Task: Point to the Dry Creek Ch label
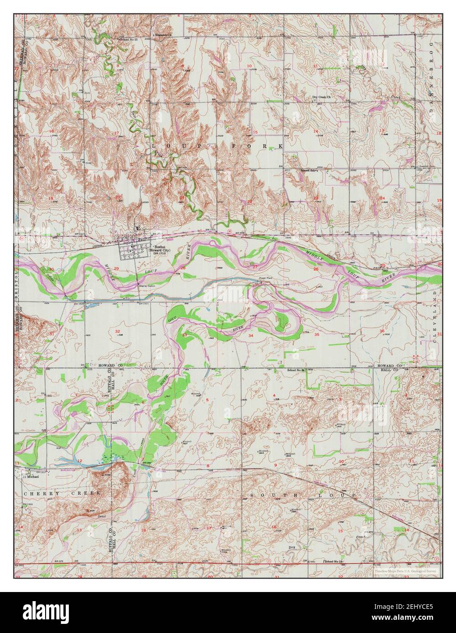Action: (x=321, y=97)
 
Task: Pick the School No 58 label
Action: (x=334, y=562)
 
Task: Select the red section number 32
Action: (x=117, y=331)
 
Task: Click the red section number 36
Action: (x=382, y=331)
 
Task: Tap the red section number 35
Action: (x=316, y=334)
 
